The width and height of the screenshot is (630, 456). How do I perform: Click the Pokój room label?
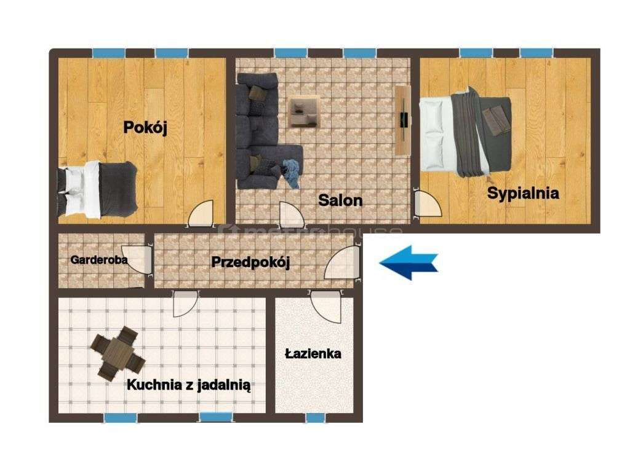pyautogui.click(x=146, y=127)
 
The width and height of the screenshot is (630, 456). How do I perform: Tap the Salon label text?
pyautogui.click(x=340, y=200)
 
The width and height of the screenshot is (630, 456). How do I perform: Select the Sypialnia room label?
pyautogui.click(x=523, y=193)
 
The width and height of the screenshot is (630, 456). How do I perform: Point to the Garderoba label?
pyautogui.click(x=99, y=260)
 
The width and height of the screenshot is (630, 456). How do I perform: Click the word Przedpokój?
pyautogui.click(x=250, y=262)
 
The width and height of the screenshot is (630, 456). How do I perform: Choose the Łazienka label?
pyautogui.click(x=313, y=353)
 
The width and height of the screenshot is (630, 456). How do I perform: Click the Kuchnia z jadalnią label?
pyautogui.click(x=188, y=385)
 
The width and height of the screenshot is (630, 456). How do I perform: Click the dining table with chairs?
pyautogui.click(x=118, y=354)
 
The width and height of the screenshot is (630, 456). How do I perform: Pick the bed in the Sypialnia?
pyautogui.click(x=466, y=133)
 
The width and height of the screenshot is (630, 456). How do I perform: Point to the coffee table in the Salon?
pyautogui.click(x=305, y=111)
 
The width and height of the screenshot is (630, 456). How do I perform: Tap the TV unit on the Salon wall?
pyautogui.click(x=404, y=120)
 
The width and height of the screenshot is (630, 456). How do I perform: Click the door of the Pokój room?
pyautogui.click(x=202, y=214)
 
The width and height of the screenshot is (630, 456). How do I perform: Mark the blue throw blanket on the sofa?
pyautogui.click(x=291, y=172)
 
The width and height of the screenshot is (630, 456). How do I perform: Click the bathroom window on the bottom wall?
pyautogui.click(x=315, y=418)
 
